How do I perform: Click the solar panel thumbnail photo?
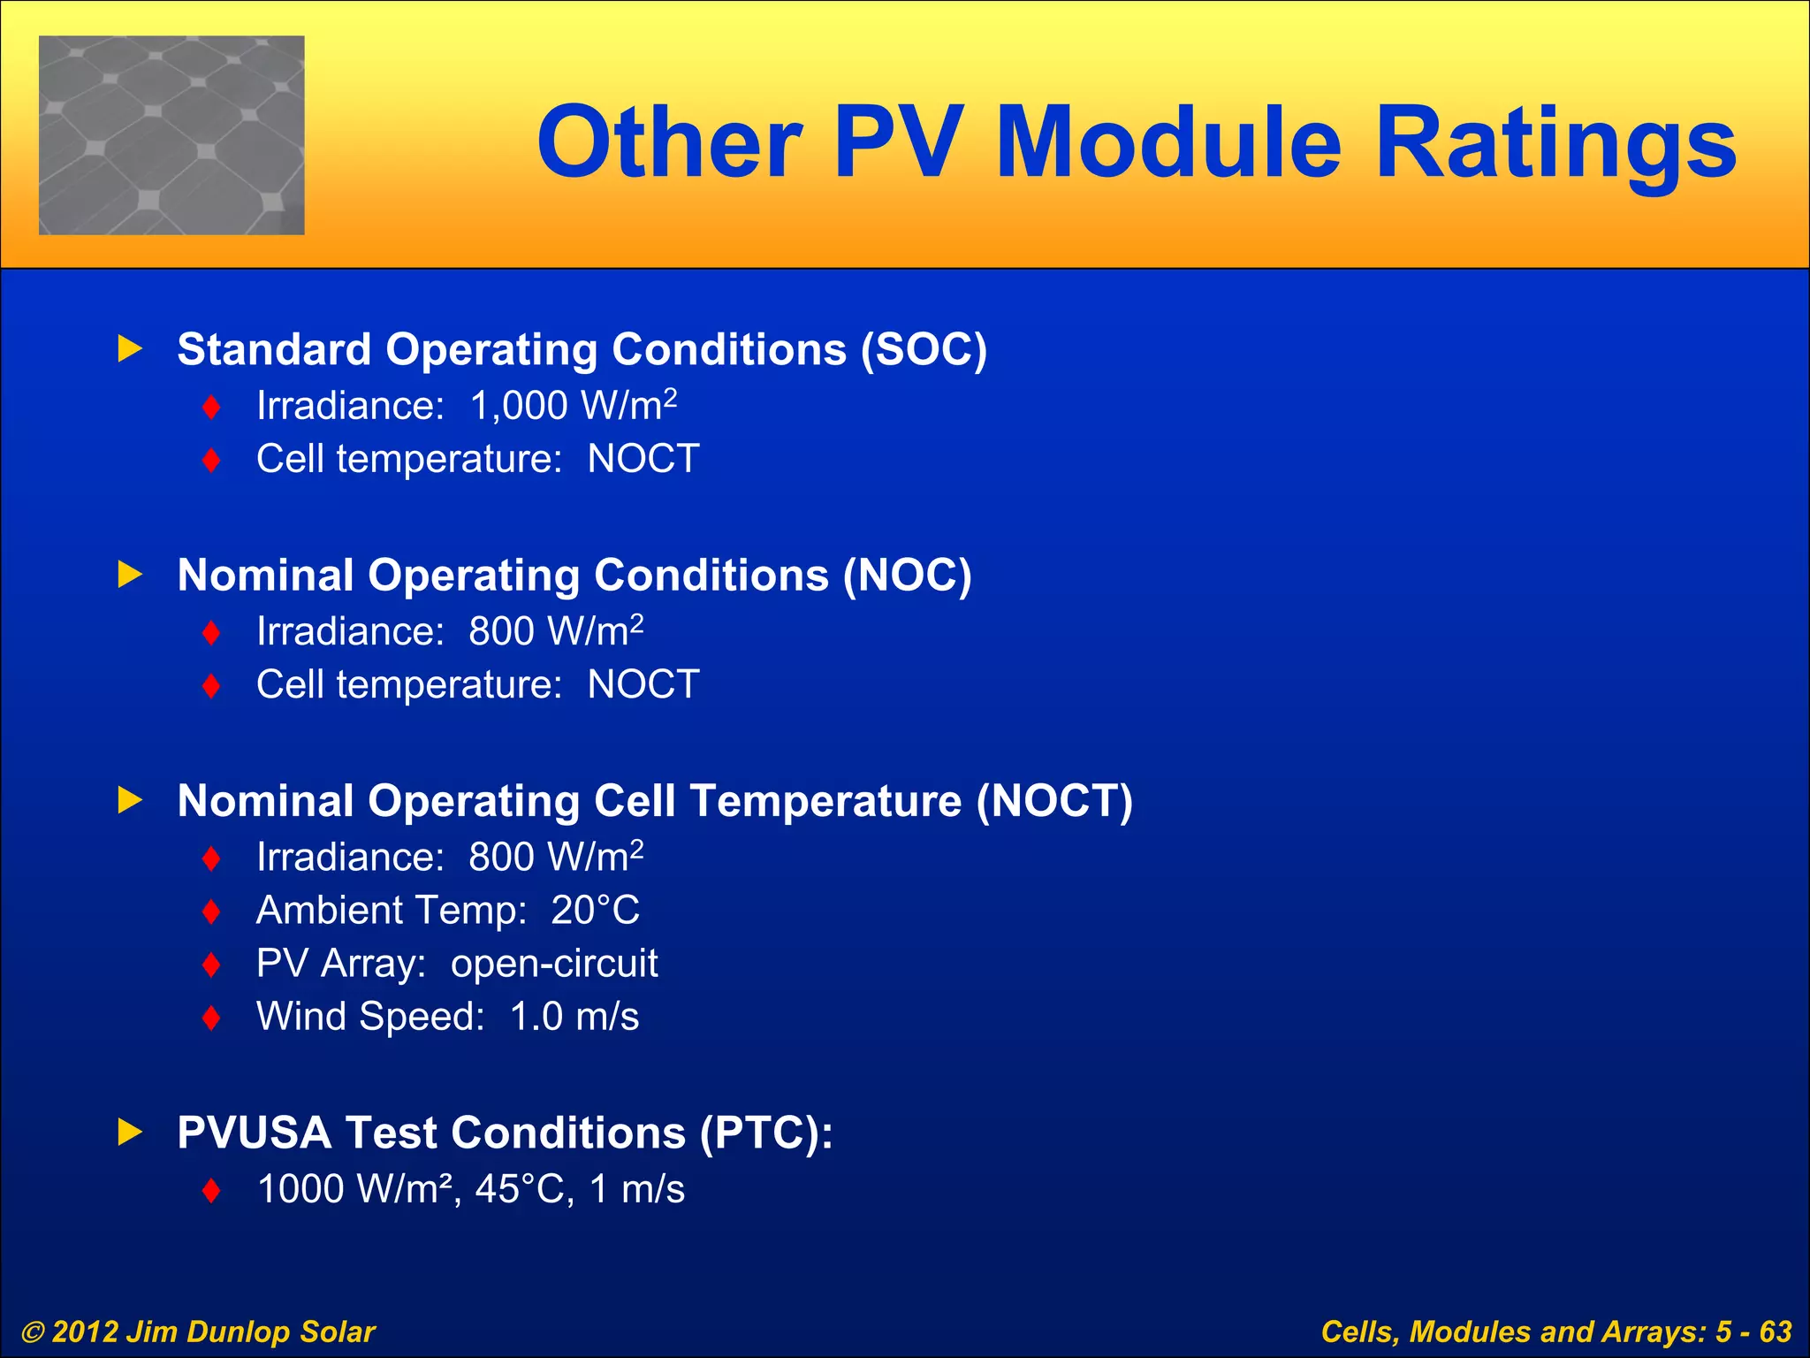pos(171,135)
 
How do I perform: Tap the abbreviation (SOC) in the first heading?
pos(924,349)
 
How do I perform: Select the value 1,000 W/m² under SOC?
pos(573,406)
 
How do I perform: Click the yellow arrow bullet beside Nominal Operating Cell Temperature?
pos(130,800)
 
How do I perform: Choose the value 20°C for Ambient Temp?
pos(595,911)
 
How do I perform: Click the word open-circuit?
pos(554,964)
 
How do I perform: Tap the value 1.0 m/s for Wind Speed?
pos(574,1017)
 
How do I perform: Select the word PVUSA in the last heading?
pos(254,1133)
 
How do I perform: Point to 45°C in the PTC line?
pos(519,1189)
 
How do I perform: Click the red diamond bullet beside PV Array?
pos(210,965)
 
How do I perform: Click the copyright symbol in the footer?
pos(33,1332)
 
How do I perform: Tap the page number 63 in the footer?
pos(1775,1331)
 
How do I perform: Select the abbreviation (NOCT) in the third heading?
pos(1053,801)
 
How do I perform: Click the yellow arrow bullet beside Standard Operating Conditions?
pos(130,348)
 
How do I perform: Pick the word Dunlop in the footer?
pos(239,1332)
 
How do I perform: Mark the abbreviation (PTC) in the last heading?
pos(765,1133)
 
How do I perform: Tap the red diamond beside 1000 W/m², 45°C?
pos(210,1190)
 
